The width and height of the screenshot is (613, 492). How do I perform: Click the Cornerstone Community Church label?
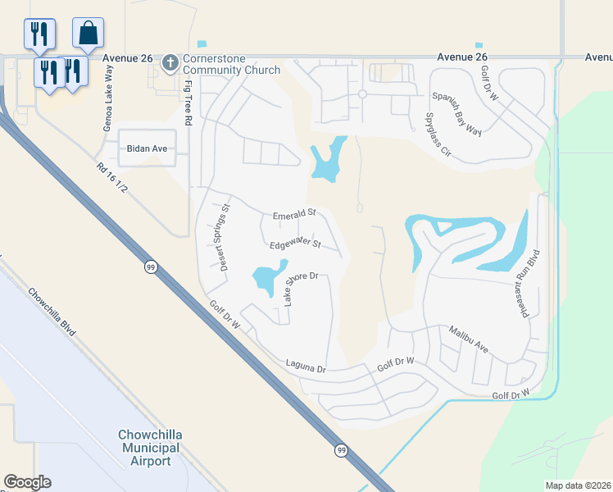tap(231, 64)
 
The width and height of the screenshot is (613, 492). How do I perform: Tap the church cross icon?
tap(170, 62)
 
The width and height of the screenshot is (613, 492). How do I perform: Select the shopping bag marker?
tap(88, 34)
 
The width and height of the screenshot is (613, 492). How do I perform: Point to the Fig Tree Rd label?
tap(188, 102)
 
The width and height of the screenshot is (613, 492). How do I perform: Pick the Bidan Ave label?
tap(147, 149)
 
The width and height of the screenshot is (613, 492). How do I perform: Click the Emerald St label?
tap(294, 213)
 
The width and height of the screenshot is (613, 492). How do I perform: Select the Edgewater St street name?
tap(294, 245)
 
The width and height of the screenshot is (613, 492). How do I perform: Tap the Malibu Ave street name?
tap(469, 339)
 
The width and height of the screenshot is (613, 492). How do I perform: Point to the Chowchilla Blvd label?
tap(52, 312)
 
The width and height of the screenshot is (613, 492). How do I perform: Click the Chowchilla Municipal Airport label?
tap(149, 448)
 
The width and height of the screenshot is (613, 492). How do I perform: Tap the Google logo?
tap(27, 481)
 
